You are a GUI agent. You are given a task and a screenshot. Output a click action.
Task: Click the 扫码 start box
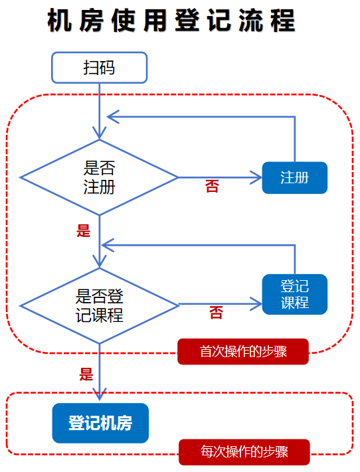pos(98,68)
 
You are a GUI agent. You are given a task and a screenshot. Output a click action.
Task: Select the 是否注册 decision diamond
pos(99,177)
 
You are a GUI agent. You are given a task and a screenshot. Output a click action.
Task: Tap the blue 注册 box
pos(294,178)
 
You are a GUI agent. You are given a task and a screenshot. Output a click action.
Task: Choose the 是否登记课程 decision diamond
pos(99,305)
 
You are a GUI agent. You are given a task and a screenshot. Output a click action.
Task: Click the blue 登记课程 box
pos(294,294)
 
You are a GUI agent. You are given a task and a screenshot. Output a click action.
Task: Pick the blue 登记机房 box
pos(100,423)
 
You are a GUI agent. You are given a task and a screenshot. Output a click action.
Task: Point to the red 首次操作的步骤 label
pos(243,351)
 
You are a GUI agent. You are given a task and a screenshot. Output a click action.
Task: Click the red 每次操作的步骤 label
pos(244,452)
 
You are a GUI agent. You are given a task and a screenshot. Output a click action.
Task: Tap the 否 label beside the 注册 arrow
pos(212,187)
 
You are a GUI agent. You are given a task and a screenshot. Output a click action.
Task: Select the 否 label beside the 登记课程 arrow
pos(216,313)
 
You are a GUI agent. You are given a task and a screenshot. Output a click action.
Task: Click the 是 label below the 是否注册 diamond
pos(84,231)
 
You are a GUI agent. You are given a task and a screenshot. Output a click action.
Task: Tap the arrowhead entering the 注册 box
pos(256,178)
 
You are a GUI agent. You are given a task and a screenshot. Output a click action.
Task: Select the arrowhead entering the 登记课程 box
pos(256,305)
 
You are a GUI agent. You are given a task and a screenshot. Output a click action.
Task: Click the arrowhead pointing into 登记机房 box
pos(100,394)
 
